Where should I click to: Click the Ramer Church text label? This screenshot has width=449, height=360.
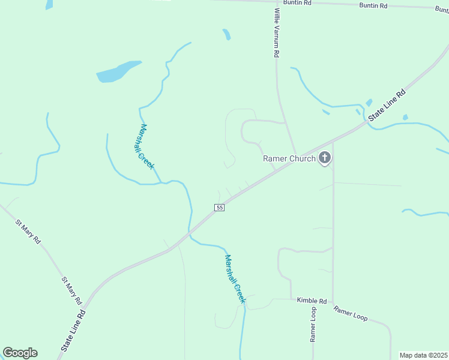point(289,158)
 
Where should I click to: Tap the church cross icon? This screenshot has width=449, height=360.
point(325,158)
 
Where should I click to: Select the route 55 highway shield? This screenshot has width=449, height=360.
point(219,207)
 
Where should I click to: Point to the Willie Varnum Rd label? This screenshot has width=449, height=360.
point(277,33)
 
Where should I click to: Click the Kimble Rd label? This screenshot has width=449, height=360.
point(312,300)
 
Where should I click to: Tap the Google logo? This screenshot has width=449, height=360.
point(20,353)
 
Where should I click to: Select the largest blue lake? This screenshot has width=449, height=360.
point(118,71)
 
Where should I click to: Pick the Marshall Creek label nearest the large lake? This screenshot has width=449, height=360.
point(146,146)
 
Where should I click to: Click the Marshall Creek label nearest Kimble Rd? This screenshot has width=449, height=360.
point(235,278)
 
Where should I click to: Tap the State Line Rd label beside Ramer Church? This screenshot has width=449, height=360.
point(387,106)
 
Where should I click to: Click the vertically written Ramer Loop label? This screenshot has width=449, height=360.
point(313,324)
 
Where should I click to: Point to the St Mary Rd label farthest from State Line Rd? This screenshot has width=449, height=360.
point(28,231)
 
